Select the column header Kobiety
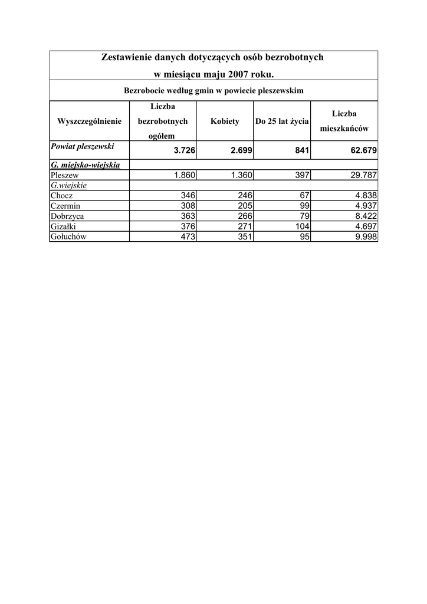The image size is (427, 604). (225, 122)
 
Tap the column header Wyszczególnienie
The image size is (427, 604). (90, 122)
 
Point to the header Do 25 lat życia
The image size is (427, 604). (282, 122)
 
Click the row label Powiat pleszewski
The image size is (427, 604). (82, 146)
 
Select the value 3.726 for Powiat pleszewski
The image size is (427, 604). (185, 151)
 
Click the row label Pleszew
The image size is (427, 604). (65, 175)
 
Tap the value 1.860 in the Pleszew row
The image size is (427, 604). (185, 175)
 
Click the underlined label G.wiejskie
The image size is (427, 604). (69, 185)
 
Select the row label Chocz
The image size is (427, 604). (62, 196)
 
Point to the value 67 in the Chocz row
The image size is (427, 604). (305, 196)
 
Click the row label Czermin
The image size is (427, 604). (65, 206)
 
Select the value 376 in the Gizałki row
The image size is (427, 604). (188, 226)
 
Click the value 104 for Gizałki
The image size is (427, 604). (302, 226)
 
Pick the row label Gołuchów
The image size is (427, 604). (69, 236)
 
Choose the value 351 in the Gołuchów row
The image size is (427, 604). (245, 236)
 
